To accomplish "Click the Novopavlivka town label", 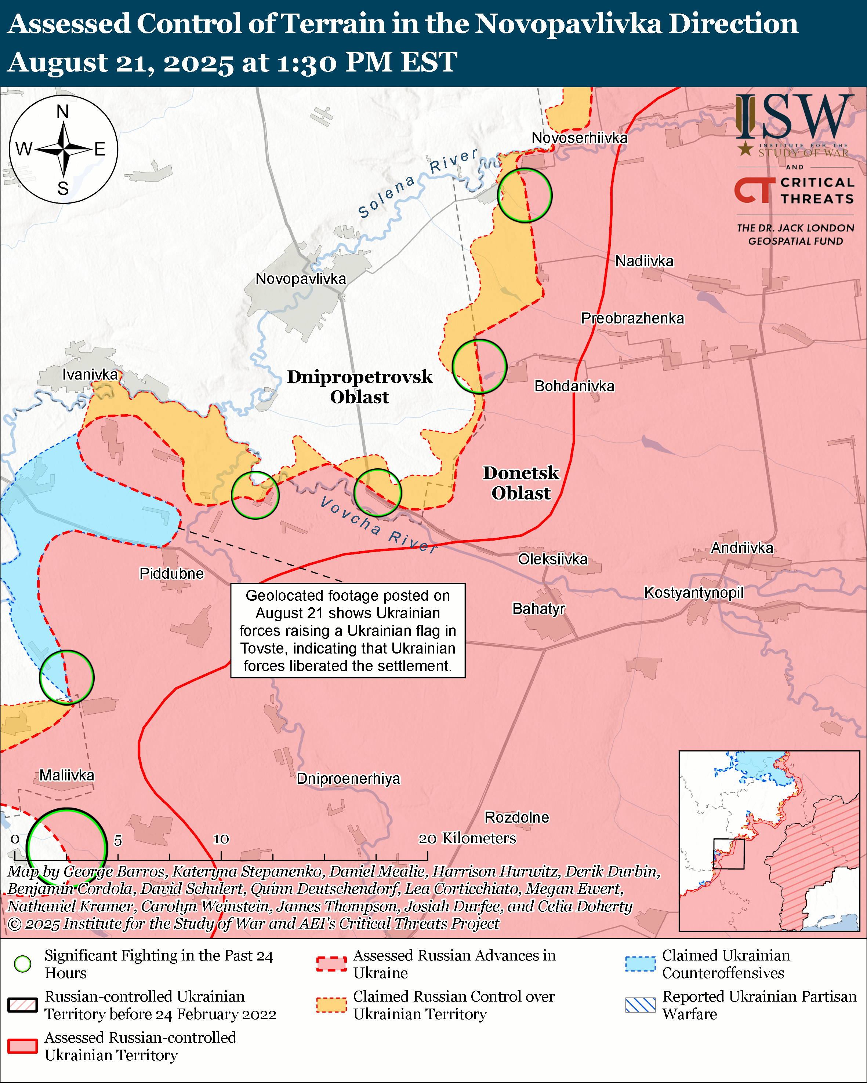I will (301, 279).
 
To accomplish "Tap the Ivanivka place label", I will (90, 374).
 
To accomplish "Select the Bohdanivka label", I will (574, 386).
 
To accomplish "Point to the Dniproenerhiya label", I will (348, 779).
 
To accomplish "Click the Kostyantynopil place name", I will (694, 593).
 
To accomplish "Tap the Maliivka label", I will (67, 775).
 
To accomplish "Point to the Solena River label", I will (417, 183).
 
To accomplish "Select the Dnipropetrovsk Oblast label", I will (359, 387).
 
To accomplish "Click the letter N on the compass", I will (63, 111).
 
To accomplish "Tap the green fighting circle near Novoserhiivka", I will (525, 195).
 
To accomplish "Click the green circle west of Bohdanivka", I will (479, 367).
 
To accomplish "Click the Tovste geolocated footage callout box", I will (348, 630).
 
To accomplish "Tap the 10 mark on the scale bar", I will (221, 839).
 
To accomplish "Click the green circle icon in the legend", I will (23, 964).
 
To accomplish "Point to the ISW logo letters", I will (794, 117).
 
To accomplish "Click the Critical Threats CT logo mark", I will (754, 190).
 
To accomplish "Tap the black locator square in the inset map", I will (729, 854).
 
